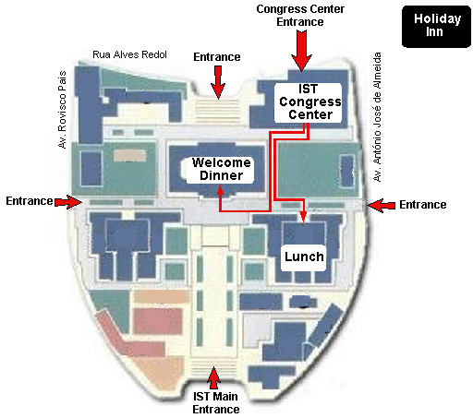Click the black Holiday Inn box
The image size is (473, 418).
[436, 27]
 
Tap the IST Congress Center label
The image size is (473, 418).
[309, 102]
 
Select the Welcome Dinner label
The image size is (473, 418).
[221, 170]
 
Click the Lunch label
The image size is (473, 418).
[304, 257]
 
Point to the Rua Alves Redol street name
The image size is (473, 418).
[129, 54]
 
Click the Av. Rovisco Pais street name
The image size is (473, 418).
[62, 110]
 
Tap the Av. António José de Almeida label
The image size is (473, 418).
[377, 117]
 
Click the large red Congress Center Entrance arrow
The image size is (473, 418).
[301, 51]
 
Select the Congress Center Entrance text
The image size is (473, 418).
[300, 16]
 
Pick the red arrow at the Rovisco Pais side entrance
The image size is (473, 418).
[68, 202]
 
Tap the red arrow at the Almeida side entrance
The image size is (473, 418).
[382, 205]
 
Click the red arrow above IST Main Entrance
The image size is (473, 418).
[213, 378]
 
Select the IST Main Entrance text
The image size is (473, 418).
[215, 403]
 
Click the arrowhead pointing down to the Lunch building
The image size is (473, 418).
[304, 217]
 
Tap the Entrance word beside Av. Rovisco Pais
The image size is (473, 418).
[30, 201]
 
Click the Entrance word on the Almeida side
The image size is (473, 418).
[423, 205]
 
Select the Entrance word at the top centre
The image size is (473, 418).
[217, 57]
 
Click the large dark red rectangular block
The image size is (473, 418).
[159, 321]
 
